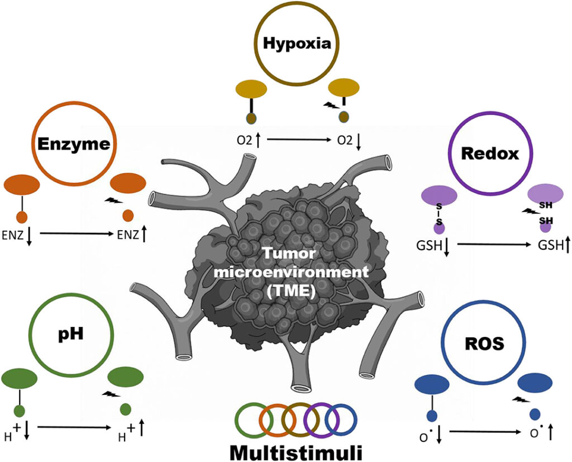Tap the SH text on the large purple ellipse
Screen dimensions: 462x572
tap(546, 204)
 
